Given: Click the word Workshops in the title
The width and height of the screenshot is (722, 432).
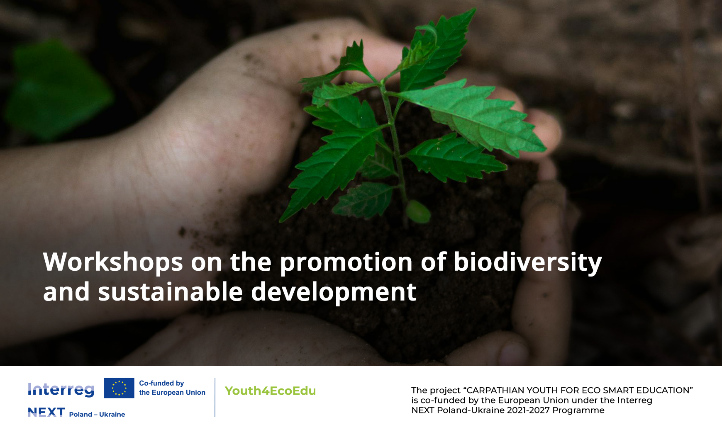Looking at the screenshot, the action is (113, 262).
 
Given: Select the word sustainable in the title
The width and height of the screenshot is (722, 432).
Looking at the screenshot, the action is (170, 292).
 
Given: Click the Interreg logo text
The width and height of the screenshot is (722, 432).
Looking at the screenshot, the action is (61, 390).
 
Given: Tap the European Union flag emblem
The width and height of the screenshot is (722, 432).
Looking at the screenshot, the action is (119, 388).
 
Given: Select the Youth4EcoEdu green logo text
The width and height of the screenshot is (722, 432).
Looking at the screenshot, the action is (270, 391).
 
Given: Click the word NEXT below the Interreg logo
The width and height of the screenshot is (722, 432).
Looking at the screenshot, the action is (46, 412).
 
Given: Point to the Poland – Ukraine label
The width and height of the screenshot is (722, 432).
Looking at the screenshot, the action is (97, 414).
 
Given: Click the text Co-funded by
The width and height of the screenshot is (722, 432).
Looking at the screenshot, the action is (161, 383).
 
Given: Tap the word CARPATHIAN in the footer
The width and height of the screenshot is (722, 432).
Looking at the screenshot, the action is (495, 390).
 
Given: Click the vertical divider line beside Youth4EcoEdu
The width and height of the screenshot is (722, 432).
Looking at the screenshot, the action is (215, 397).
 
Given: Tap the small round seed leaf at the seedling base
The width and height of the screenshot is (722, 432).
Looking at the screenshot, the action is (418, 211).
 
